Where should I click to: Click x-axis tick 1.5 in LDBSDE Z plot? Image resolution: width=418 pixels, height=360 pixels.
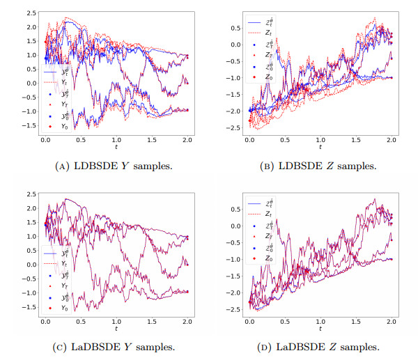coord(356,141)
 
